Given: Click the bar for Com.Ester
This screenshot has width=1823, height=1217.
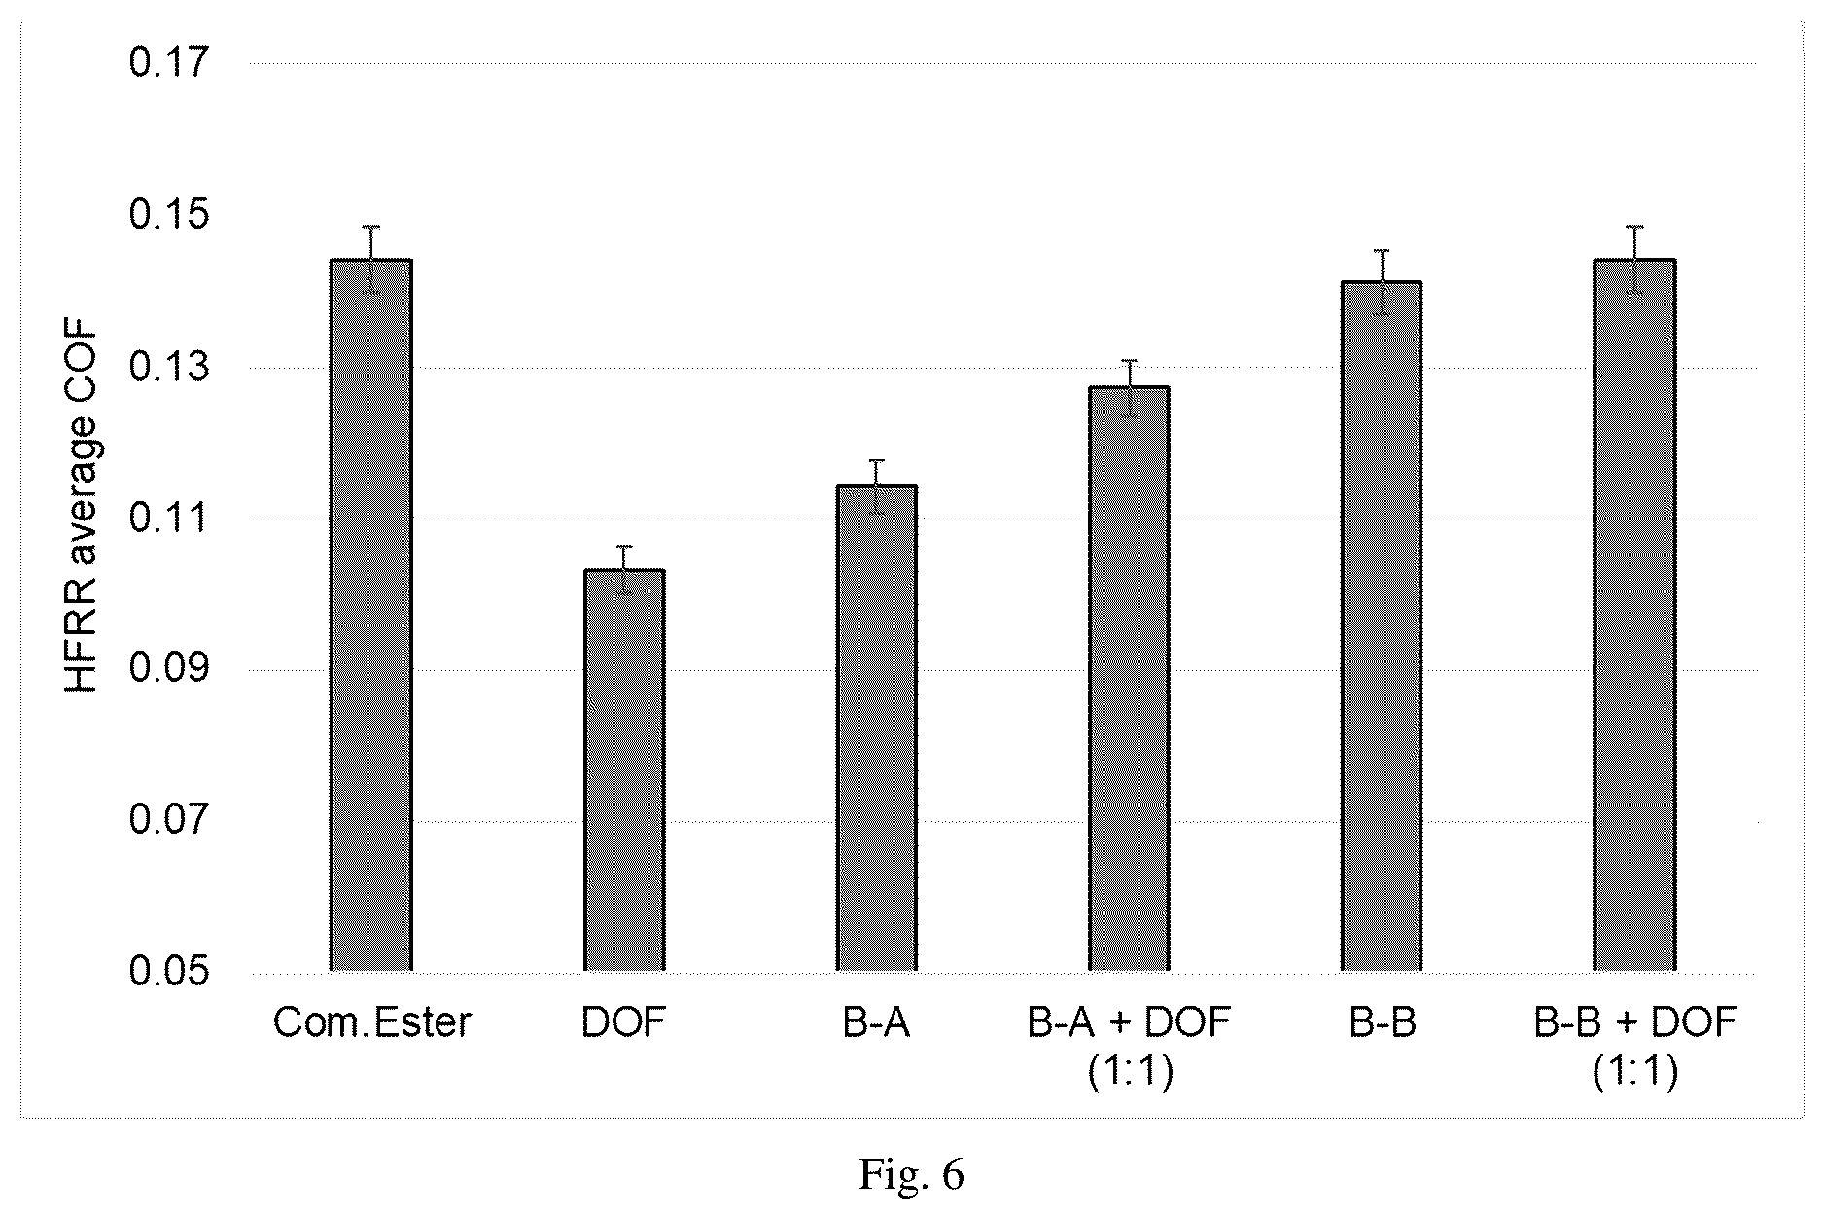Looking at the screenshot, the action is [x=371, y=615].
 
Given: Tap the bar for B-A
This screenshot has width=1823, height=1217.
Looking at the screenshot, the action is [x=877, y=728].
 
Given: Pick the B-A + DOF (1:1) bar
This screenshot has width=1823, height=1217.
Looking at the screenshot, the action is [x=1129, y=678].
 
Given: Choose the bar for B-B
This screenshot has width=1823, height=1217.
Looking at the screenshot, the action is [x=1382, y=626].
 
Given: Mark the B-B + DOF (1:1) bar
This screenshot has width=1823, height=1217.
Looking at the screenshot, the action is [x=1634, y=615].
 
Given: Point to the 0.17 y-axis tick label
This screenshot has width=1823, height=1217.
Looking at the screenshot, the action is [x=169, y=64].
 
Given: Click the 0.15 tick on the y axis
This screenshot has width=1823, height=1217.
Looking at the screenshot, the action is [x=169, y=216].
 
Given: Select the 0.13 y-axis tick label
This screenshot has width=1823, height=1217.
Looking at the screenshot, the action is [x=169, y=368].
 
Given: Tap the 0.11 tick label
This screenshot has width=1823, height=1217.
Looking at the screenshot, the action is [x=169, y=519].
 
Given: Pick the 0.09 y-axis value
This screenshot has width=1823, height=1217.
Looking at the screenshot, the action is [x=169, y=670].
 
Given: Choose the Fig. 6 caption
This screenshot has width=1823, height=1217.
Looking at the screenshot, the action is [x=911, y=1175].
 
